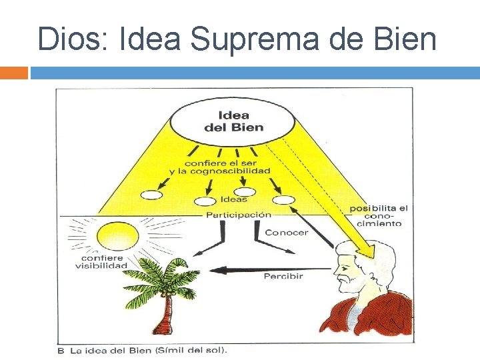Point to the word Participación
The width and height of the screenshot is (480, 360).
pyautogui.click(x=239, y=215)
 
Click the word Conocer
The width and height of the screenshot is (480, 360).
pyautogui.click(x=287, y=233)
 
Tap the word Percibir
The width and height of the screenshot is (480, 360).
pyautogui.click(x=283, y=276)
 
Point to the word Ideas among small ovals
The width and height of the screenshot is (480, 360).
pyautogui.click(x=233, y=199)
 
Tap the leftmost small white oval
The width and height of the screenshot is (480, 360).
pyautogui.click(x=151, y=195)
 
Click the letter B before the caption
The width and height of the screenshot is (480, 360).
pyautogui.click(x=61, y=350)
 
